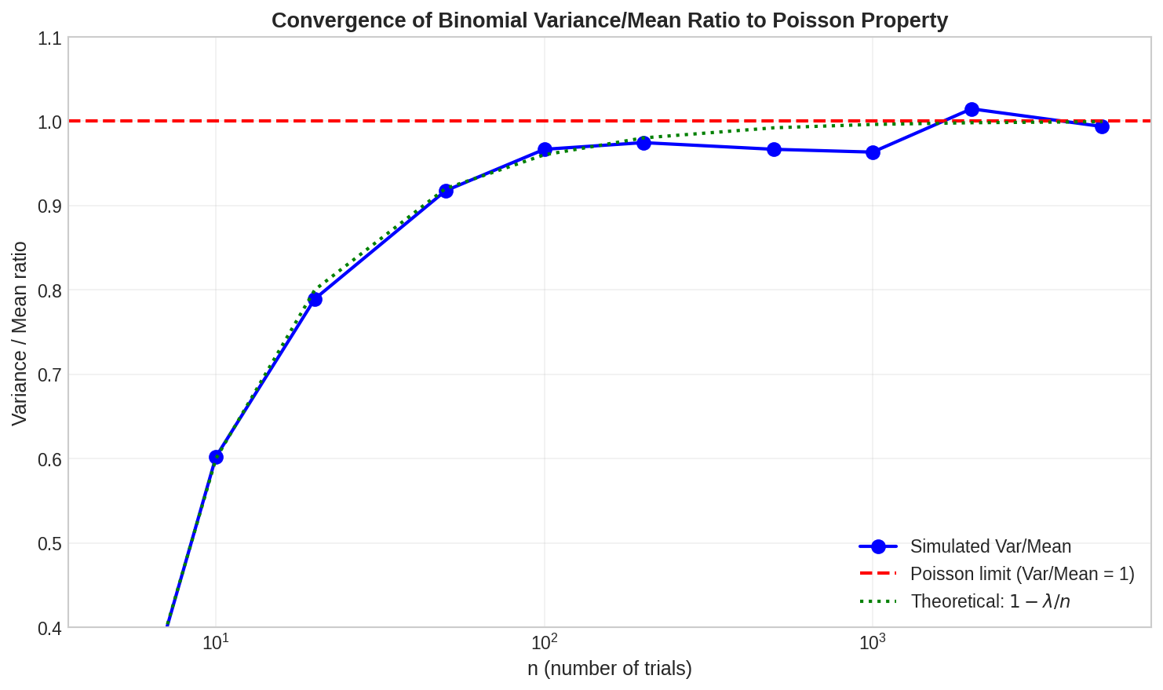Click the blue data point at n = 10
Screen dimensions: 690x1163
(216, 457)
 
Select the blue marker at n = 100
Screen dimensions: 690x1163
(545, 149)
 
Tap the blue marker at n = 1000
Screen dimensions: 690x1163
(873, 152)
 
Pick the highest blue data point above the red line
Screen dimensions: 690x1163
(972, 109)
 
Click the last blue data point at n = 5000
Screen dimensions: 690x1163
(1102, 126)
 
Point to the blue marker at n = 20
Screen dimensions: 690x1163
(315, 299)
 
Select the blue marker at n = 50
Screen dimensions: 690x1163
(446, 191)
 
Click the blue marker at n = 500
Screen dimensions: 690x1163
(774, 149)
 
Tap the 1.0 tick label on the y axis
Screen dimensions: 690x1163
(49, 122)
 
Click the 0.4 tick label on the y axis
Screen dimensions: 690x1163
(49, 628)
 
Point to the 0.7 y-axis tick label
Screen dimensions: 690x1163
(49, 374)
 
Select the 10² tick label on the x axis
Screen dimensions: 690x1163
(544, 643)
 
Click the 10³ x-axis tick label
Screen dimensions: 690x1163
(872, 643)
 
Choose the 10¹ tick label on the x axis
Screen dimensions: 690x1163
(216, 643)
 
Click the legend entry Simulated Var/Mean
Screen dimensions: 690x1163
(990, 546)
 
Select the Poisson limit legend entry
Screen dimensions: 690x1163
(1022, 574)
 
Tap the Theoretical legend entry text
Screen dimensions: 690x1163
(990, 601)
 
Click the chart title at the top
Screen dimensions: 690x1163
(609, 20)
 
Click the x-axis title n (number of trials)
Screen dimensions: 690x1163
(609, 669)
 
